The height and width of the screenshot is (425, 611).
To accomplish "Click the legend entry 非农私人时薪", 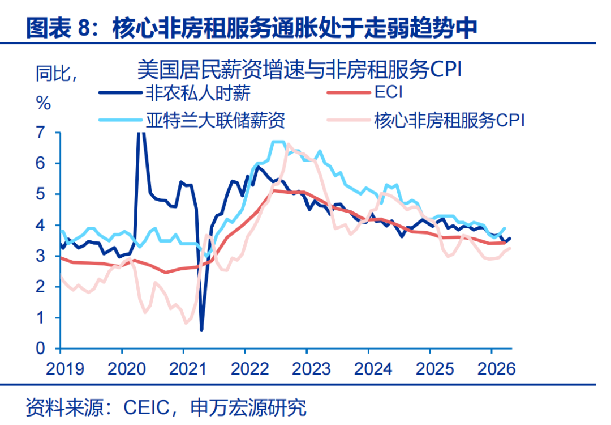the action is tap(197, 93).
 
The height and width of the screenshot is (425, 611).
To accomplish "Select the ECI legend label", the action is tap(388, 92).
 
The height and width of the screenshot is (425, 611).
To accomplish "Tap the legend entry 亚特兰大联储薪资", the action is tap(215, 120).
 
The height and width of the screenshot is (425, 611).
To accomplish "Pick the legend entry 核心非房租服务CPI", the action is tap(449, 120).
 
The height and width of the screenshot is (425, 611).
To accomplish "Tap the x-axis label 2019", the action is tap(65, 369).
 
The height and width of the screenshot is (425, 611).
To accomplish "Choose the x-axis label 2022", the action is tap(250, 369).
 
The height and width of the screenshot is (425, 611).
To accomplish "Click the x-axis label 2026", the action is tap(497, 369).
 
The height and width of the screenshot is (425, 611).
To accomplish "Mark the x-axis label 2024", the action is tap(373, 369).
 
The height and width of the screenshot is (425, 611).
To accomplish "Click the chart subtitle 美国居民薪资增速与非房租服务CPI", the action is tap(299, 70).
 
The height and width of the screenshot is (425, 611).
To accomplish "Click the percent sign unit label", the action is tap(43, 104).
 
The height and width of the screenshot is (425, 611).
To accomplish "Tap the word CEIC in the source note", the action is tap(147, 407).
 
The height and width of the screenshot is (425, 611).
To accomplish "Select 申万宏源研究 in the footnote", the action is tap(248, 407).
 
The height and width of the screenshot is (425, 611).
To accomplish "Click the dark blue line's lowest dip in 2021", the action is tap(201, 329).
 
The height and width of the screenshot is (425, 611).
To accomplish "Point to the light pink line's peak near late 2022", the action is tap(289, 146).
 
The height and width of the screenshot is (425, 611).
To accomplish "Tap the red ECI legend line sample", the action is tap(348, 93).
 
